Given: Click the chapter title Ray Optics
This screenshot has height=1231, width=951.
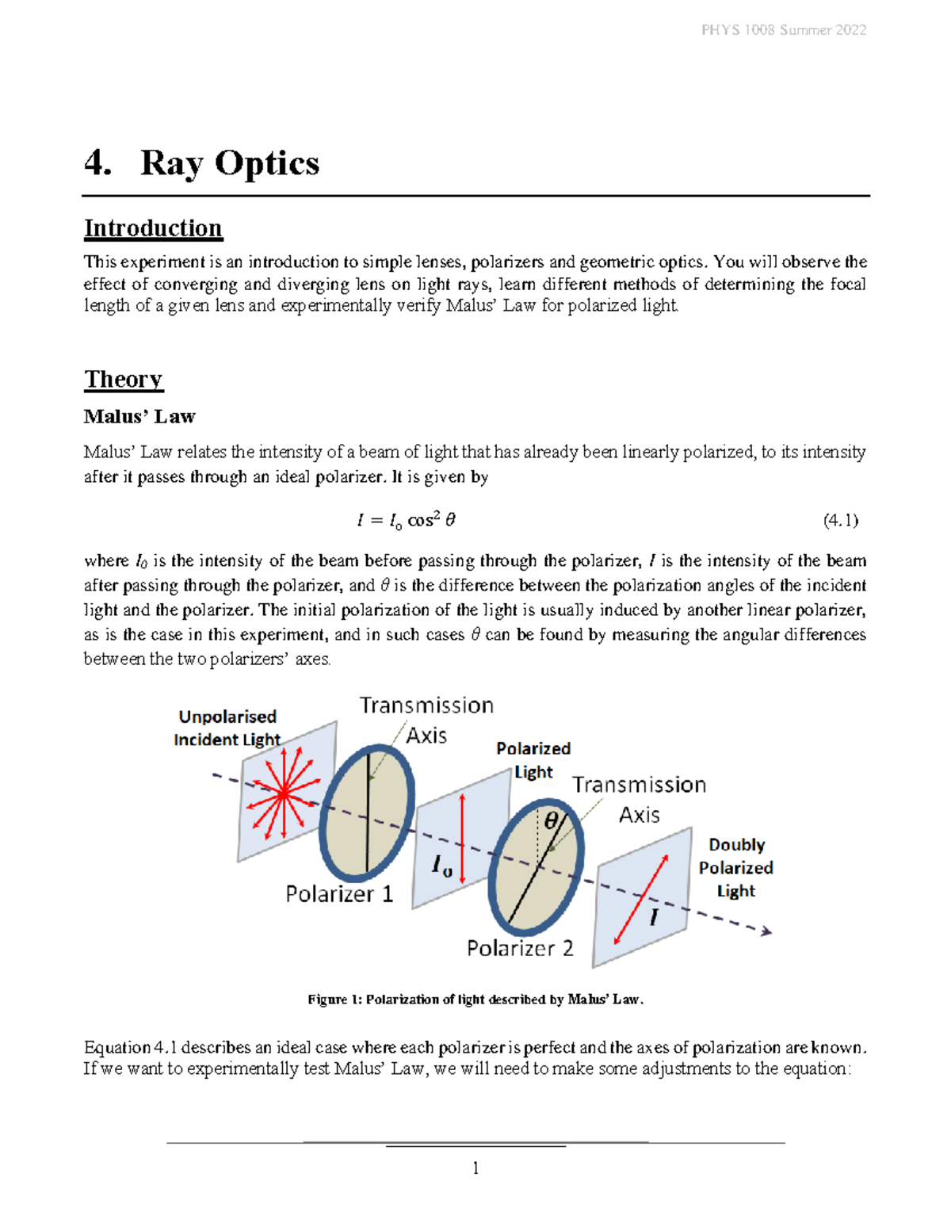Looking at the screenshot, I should coord(229,163).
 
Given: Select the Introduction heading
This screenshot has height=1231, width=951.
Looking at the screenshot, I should coord(153,228).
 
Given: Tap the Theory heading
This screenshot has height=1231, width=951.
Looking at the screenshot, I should coord(123,379).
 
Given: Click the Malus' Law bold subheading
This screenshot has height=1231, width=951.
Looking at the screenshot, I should coord(139,416).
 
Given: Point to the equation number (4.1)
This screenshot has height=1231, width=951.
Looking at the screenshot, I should coord(840,520).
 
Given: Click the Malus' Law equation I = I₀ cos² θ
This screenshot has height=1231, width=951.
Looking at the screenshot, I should coord(406,520).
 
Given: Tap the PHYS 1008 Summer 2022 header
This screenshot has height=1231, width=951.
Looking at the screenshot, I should coord(783,30).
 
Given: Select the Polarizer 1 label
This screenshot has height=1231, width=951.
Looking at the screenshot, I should coord(339,894).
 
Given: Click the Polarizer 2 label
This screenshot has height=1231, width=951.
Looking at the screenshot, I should coord(520,948).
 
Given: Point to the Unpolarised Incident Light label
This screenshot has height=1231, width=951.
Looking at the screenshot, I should coord(227,728).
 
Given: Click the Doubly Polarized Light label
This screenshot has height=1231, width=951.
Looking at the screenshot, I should coord(735,868).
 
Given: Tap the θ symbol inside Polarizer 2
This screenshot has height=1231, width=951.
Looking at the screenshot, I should coord(550,820).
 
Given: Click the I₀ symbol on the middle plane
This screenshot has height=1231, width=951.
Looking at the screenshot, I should coord(442,866).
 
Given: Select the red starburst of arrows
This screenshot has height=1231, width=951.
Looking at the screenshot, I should coord(283,793).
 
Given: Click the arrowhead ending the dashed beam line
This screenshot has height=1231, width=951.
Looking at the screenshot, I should coord(766,931).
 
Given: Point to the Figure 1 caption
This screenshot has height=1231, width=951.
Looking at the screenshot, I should coord(475,1000).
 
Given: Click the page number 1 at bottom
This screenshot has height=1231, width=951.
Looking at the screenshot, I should coord(475,1168).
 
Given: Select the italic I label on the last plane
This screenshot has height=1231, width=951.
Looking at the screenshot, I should coord(654,918).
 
